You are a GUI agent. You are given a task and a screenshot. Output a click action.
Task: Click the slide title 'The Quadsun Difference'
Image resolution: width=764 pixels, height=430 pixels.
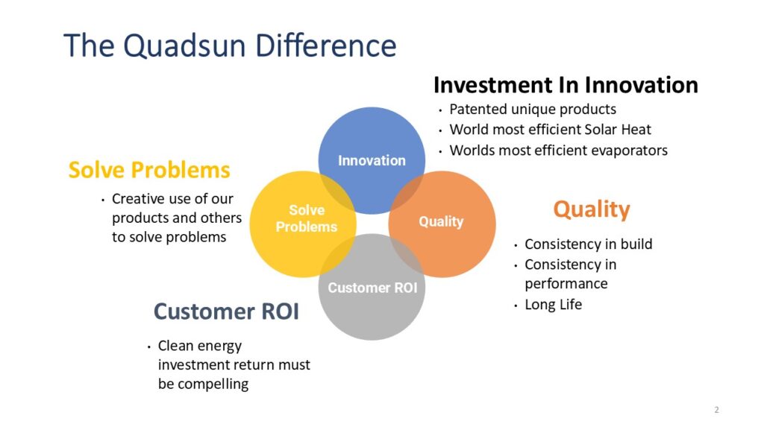230,45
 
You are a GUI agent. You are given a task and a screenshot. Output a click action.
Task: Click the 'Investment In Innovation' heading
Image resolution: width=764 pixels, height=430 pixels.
566,85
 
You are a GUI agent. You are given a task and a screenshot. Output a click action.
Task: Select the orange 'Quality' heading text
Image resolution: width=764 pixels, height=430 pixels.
591,209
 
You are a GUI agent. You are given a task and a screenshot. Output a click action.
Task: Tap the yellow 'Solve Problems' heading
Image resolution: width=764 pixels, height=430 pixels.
149,170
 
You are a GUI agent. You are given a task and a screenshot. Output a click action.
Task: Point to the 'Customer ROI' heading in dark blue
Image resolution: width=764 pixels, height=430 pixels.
226,312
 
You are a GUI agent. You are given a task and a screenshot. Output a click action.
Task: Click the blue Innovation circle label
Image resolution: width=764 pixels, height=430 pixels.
372,160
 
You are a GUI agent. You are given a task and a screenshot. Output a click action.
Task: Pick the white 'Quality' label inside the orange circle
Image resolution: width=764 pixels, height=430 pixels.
441,221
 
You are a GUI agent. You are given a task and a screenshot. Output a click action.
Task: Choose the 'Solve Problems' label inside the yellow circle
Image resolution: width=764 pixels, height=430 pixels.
307,218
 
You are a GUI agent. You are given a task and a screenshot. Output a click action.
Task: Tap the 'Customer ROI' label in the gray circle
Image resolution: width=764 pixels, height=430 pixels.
372,288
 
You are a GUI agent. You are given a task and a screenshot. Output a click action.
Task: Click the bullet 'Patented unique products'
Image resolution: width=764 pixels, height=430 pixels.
533,110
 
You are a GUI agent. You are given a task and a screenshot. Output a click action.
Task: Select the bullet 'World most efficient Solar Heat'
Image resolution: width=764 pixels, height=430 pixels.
551,130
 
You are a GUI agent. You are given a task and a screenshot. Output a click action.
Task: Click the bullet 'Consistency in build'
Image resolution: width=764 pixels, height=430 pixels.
588,244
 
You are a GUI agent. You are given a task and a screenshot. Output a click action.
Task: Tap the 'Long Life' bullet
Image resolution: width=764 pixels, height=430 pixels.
553,305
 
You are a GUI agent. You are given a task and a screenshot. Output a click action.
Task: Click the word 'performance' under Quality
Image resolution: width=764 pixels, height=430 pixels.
566,284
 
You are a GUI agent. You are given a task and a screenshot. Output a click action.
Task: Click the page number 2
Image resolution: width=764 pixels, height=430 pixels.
716,410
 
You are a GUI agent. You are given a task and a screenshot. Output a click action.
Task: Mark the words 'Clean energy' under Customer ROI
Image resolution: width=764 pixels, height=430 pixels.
199,346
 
